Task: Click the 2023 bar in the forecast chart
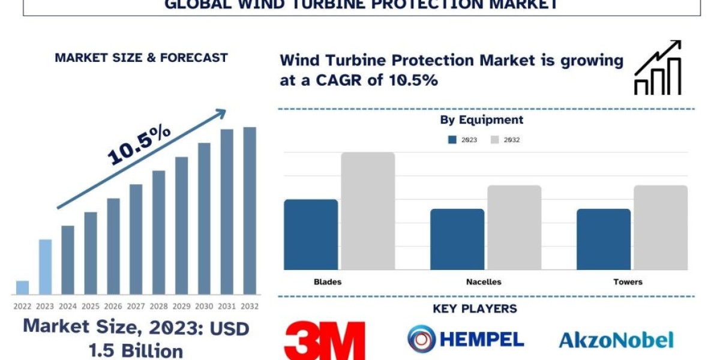click(x=45, y=267)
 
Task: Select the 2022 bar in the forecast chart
click(x=22, y=287)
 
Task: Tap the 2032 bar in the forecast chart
click(x=250, y=211)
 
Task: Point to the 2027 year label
click(x=136, y=306)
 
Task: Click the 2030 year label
click(x=205, y=306)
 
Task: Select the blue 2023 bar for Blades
click(x=311, y=234)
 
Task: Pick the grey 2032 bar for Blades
click(x=368, y=211)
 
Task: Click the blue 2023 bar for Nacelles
click(x=457, y=239)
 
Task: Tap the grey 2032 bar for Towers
click(x=661, y=227)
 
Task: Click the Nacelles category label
click(x=484, y=281)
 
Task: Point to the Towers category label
click(x=628, y=281)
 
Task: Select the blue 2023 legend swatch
click(x=452, y=140)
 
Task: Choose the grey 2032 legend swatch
click(x=495, y=140)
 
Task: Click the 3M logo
click(x=325, y=340)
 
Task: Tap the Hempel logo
click(x=466, y=339)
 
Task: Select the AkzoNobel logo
click(x=616, y=340)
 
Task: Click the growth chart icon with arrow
click(x=658, y=67)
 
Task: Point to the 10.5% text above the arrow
click(x=139, y=145)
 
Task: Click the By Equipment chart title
click(x=482, y=120)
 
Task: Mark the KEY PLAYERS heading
click(x=475, y=309)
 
